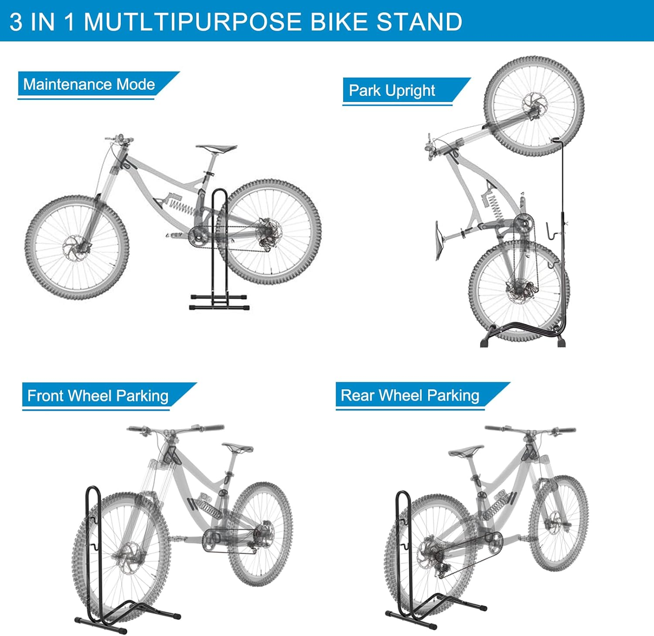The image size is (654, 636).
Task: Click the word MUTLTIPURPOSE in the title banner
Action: (192, 22)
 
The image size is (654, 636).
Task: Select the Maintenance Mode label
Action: (89, 84)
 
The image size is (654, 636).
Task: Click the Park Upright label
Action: (392, 91)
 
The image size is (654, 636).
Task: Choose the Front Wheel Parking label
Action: (98, 396)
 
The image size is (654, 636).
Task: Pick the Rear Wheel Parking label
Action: (410, 395)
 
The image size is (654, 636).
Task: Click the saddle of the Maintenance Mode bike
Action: (216, 148)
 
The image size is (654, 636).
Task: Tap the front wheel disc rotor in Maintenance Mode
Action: (74, 249)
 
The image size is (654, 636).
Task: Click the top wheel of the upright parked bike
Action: (534, 106)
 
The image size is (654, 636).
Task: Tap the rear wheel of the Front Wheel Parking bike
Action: (260, 534)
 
